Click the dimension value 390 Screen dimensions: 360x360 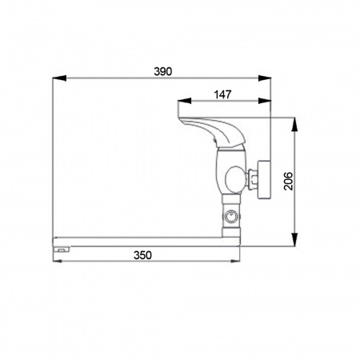click(x=163, y=71)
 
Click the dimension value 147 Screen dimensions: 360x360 click(x=222, y=94)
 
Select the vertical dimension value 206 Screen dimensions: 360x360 click(x=288, y=181)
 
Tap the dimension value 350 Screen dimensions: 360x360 click(x=142, y=255)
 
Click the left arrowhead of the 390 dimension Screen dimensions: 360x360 click(x=59, y=78)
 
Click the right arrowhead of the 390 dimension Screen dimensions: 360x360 click(x=265, y=78)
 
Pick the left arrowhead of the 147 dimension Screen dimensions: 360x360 click(x=184, y=101)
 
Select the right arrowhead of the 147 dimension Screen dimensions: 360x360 click(x=265, y=101)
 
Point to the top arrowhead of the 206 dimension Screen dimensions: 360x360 click(x=294, y=124)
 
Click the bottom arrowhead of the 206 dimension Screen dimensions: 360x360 click(x=294, y=239)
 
